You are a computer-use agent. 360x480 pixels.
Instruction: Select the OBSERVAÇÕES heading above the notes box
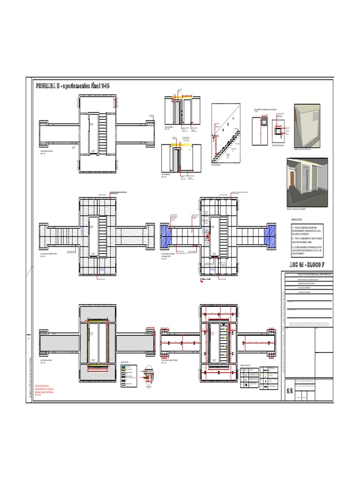coord(298,219)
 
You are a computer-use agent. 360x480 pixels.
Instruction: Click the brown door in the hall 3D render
coord(292,180)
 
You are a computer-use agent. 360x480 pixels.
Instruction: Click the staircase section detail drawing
coord(225,134)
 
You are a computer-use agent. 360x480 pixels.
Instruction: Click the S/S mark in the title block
coord(290,377)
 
